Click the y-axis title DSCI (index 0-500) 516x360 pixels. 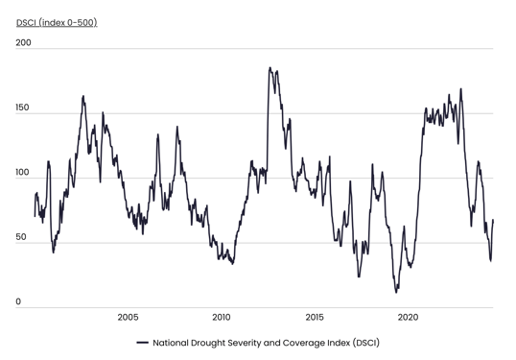click(57, 22)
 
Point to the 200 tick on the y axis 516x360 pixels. click(24, 43)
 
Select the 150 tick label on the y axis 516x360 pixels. click(24, 108)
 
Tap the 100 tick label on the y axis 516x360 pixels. click(24, 173)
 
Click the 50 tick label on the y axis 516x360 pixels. click(23, 237)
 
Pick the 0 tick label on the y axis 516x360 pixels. click(18, 302)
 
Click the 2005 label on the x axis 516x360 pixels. click(128, 318)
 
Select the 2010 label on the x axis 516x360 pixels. click(222, 318)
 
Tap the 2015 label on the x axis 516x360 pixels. click(315, 318)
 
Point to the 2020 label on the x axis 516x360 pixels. click(408, 318)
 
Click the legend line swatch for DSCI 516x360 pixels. click(142, 343)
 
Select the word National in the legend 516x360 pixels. click(173, 343)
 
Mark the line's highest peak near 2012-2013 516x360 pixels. click(270, 68)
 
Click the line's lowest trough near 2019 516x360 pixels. click(396, 292)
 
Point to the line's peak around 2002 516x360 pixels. click(83, 96)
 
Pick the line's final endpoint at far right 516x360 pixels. click(493, 221)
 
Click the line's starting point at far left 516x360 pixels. click(35, 216)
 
